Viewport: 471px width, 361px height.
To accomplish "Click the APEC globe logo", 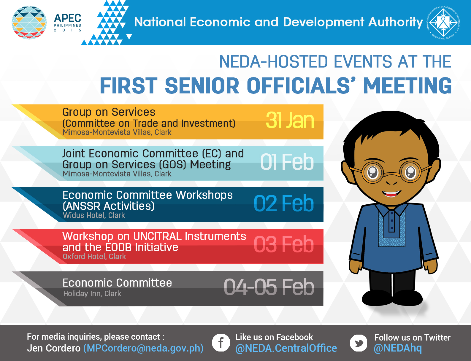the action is pyautogui.click(x=29, y=23).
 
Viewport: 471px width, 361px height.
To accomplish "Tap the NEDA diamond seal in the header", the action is pyautogui.click(x=443, y=22).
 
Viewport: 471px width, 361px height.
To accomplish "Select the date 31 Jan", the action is pyautogui.click(x=290, y=120).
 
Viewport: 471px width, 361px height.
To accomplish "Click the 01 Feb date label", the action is pyautogui.click(x=287, y=162).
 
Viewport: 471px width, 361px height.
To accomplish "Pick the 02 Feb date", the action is pyautogui.click(x=284, y=203).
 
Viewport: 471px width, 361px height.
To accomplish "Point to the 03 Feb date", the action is pyautogui.click(x=284, y=244).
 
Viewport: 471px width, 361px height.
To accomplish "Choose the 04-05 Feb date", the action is pyautogui.click(x=269, y=287).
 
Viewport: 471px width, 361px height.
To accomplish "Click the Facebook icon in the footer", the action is pyautogui.click(x=221, y=343).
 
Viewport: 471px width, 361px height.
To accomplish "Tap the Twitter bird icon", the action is pyautogui.click(x=359, y=343).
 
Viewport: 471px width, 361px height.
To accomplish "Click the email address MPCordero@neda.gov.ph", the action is pyautogui.click(x=143, y=348).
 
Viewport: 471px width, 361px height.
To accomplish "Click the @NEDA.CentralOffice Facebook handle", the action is pyautogui.click(x=286, y=348).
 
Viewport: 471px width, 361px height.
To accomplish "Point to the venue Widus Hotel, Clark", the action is pyautogui.click(x=94, y=215).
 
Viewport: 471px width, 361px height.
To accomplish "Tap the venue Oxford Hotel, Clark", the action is pyautogui.click(x=94, y=256).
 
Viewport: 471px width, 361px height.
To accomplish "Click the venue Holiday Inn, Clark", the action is pyautogui.click(x=92, y=294).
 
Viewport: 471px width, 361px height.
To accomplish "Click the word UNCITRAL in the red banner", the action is pyautogui.click(x=157, y=236).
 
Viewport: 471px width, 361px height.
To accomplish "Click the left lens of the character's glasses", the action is pyautogui.click(x=372, y=172).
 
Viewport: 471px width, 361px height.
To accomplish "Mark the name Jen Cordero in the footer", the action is pyautogui.click(x=54, y=348).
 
